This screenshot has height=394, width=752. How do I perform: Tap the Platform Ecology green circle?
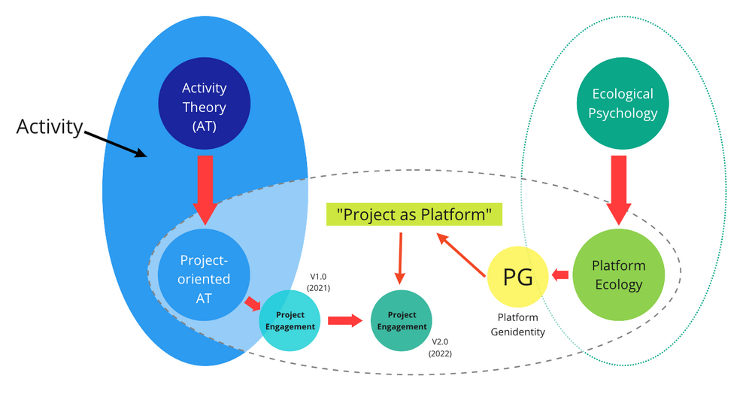(617, 274)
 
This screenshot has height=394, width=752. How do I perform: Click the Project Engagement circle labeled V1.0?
(290, 320)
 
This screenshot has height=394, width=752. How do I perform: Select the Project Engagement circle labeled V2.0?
(402, 320)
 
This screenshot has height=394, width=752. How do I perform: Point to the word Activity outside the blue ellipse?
(49, 126)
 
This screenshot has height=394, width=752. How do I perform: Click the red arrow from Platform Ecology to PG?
(559, 275)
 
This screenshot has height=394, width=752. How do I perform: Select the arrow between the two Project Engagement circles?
(345, 321)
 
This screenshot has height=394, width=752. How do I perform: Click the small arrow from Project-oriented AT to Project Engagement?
(253, 303)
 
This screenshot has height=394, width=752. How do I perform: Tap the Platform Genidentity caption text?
(517, 325)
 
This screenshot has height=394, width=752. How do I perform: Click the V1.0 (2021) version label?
(318, 282)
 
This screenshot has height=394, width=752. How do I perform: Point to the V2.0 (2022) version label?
(440, 347)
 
